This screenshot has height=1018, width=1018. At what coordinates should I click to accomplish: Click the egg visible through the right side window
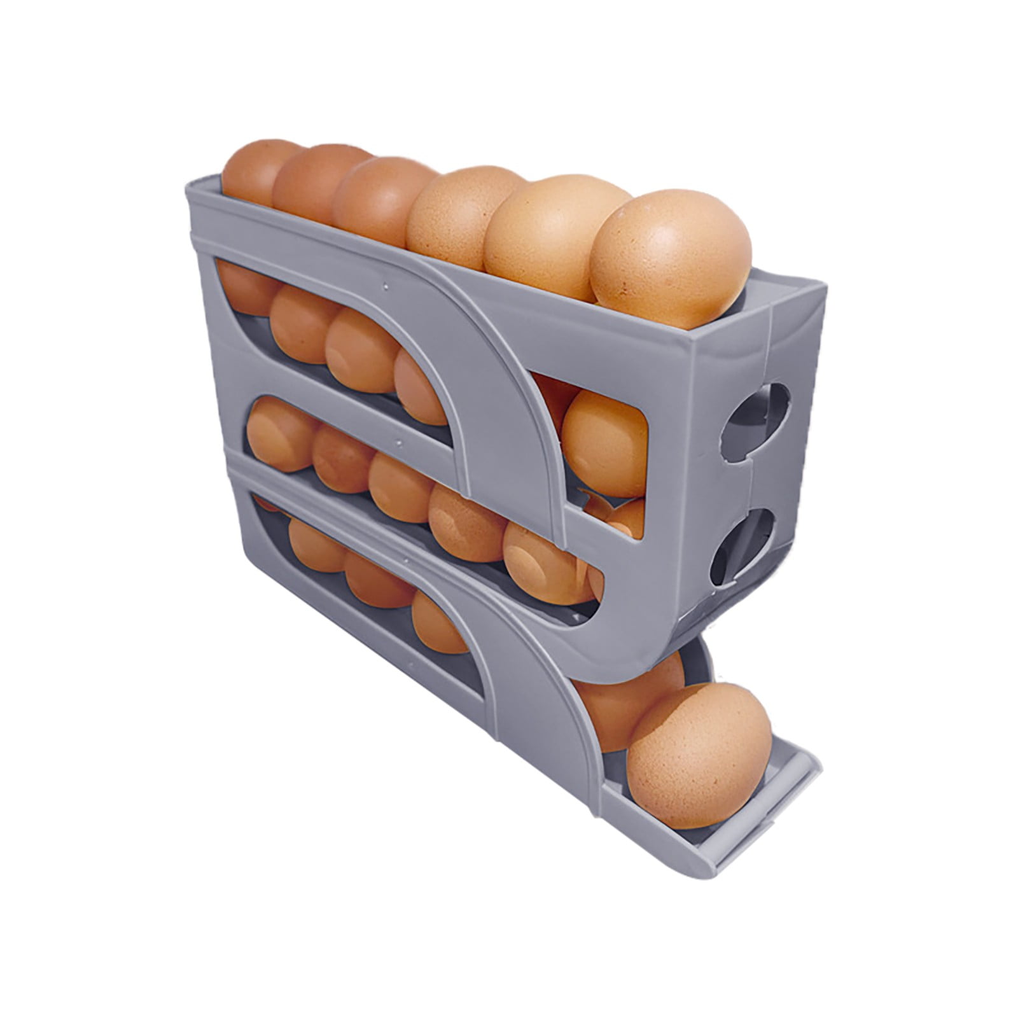(x=604, y=442)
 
